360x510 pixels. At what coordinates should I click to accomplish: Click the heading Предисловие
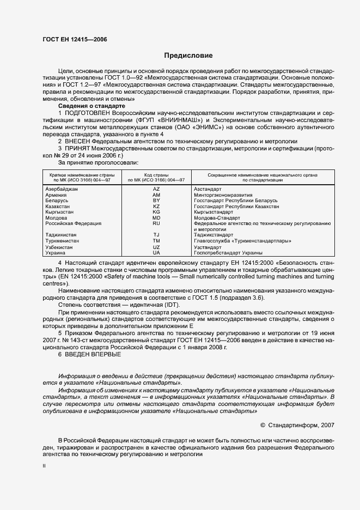pos(188,56)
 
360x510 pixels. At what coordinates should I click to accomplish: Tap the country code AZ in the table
pos(156,189)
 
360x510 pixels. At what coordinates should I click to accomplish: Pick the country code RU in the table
pos(156,223)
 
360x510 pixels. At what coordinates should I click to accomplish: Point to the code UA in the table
pos(156,253)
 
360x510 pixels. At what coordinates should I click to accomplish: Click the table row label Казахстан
pos(57,207)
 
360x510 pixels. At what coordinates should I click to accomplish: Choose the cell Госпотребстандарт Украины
pos(228,253)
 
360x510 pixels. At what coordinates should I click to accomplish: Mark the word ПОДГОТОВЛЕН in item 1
pos(90,112)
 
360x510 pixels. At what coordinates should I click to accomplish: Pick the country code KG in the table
pos(156,212)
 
